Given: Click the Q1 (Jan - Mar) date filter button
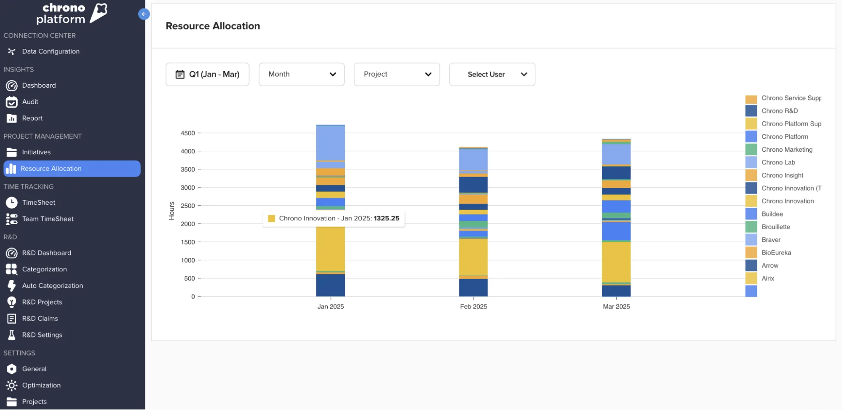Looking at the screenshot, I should point(207,74).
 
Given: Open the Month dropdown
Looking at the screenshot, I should point(301,74).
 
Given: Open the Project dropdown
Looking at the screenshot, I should point(396,74).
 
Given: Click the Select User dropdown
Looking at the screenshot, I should point(492,74).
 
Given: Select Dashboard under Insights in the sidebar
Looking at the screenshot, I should point(39,85).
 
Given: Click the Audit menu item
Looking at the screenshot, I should point(30,102).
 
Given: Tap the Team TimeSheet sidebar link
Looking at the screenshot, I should point(48,219).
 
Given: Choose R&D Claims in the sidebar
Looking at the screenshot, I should point(40,318).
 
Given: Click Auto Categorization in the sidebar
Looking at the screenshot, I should point(52,285).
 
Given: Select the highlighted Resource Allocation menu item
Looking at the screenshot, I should point(51,168).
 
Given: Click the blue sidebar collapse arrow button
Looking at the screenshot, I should point(144,14).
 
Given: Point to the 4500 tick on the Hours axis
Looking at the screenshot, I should point(188,133).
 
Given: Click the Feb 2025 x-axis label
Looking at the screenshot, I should point(473,306).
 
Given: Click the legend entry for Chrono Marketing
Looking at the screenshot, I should point(786,150).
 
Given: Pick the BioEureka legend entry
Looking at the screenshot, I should point(776,252).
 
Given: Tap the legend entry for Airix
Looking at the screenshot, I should point(767,278).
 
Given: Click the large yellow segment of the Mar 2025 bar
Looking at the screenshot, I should point(616,261).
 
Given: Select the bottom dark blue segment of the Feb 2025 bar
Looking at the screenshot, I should point(473,287).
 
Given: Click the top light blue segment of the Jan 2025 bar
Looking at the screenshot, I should point(330,142).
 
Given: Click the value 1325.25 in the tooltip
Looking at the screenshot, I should point(386,218).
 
